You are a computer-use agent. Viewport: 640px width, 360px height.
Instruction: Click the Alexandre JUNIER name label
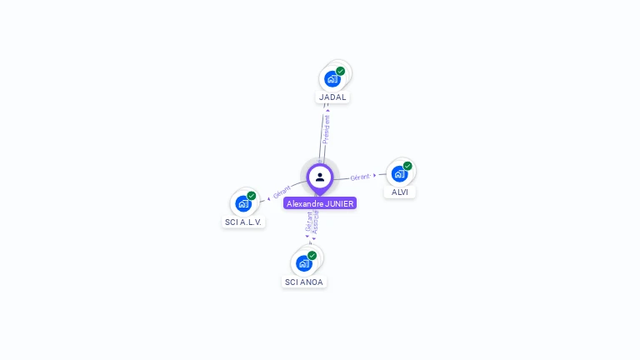320,203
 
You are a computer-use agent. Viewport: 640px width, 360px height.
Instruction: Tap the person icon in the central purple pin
320,177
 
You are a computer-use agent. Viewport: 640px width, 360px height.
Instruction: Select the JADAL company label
332,97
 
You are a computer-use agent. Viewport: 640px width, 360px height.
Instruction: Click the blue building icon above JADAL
332,79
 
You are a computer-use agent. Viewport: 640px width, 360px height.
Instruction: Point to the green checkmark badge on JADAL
341,71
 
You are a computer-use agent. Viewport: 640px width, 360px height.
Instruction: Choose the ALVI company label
400,192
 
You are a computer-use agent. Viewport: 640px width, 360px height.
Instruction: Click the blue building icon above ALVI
400,174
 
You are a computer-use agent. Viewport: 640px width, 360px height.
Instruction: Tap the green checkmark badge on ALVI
407,166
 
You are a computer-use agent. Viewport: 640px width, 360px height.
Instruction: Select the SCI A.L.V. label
243,222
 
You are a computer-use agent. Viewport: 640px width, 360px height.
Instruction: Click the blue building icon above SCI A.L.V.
243,203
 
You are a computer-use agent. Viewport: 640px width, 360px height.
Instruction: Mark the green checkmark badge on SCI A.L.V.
251,196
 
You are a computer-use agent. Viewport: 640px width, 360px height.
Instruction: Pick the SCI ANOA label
304,282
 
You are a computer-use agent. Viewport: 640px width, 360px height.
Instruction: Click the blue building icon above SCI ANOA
304,263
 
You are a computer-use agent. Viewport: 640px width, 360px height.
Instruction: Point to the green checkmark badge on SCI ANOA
312,255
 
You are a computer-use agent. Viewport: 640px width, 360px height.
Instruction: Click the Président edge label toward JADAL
327,129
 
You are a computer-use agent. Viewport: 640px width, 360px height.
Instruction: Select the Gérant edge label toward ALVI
360,177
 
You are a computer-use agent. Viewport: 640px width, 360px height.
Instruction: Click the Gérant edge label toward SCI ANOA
308,221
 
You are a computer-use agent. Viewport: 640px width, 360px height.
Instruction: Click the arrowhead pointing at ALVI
375,175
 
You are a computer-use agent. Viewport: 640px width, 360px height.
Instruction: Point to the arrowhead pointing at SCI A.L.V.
268,198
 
